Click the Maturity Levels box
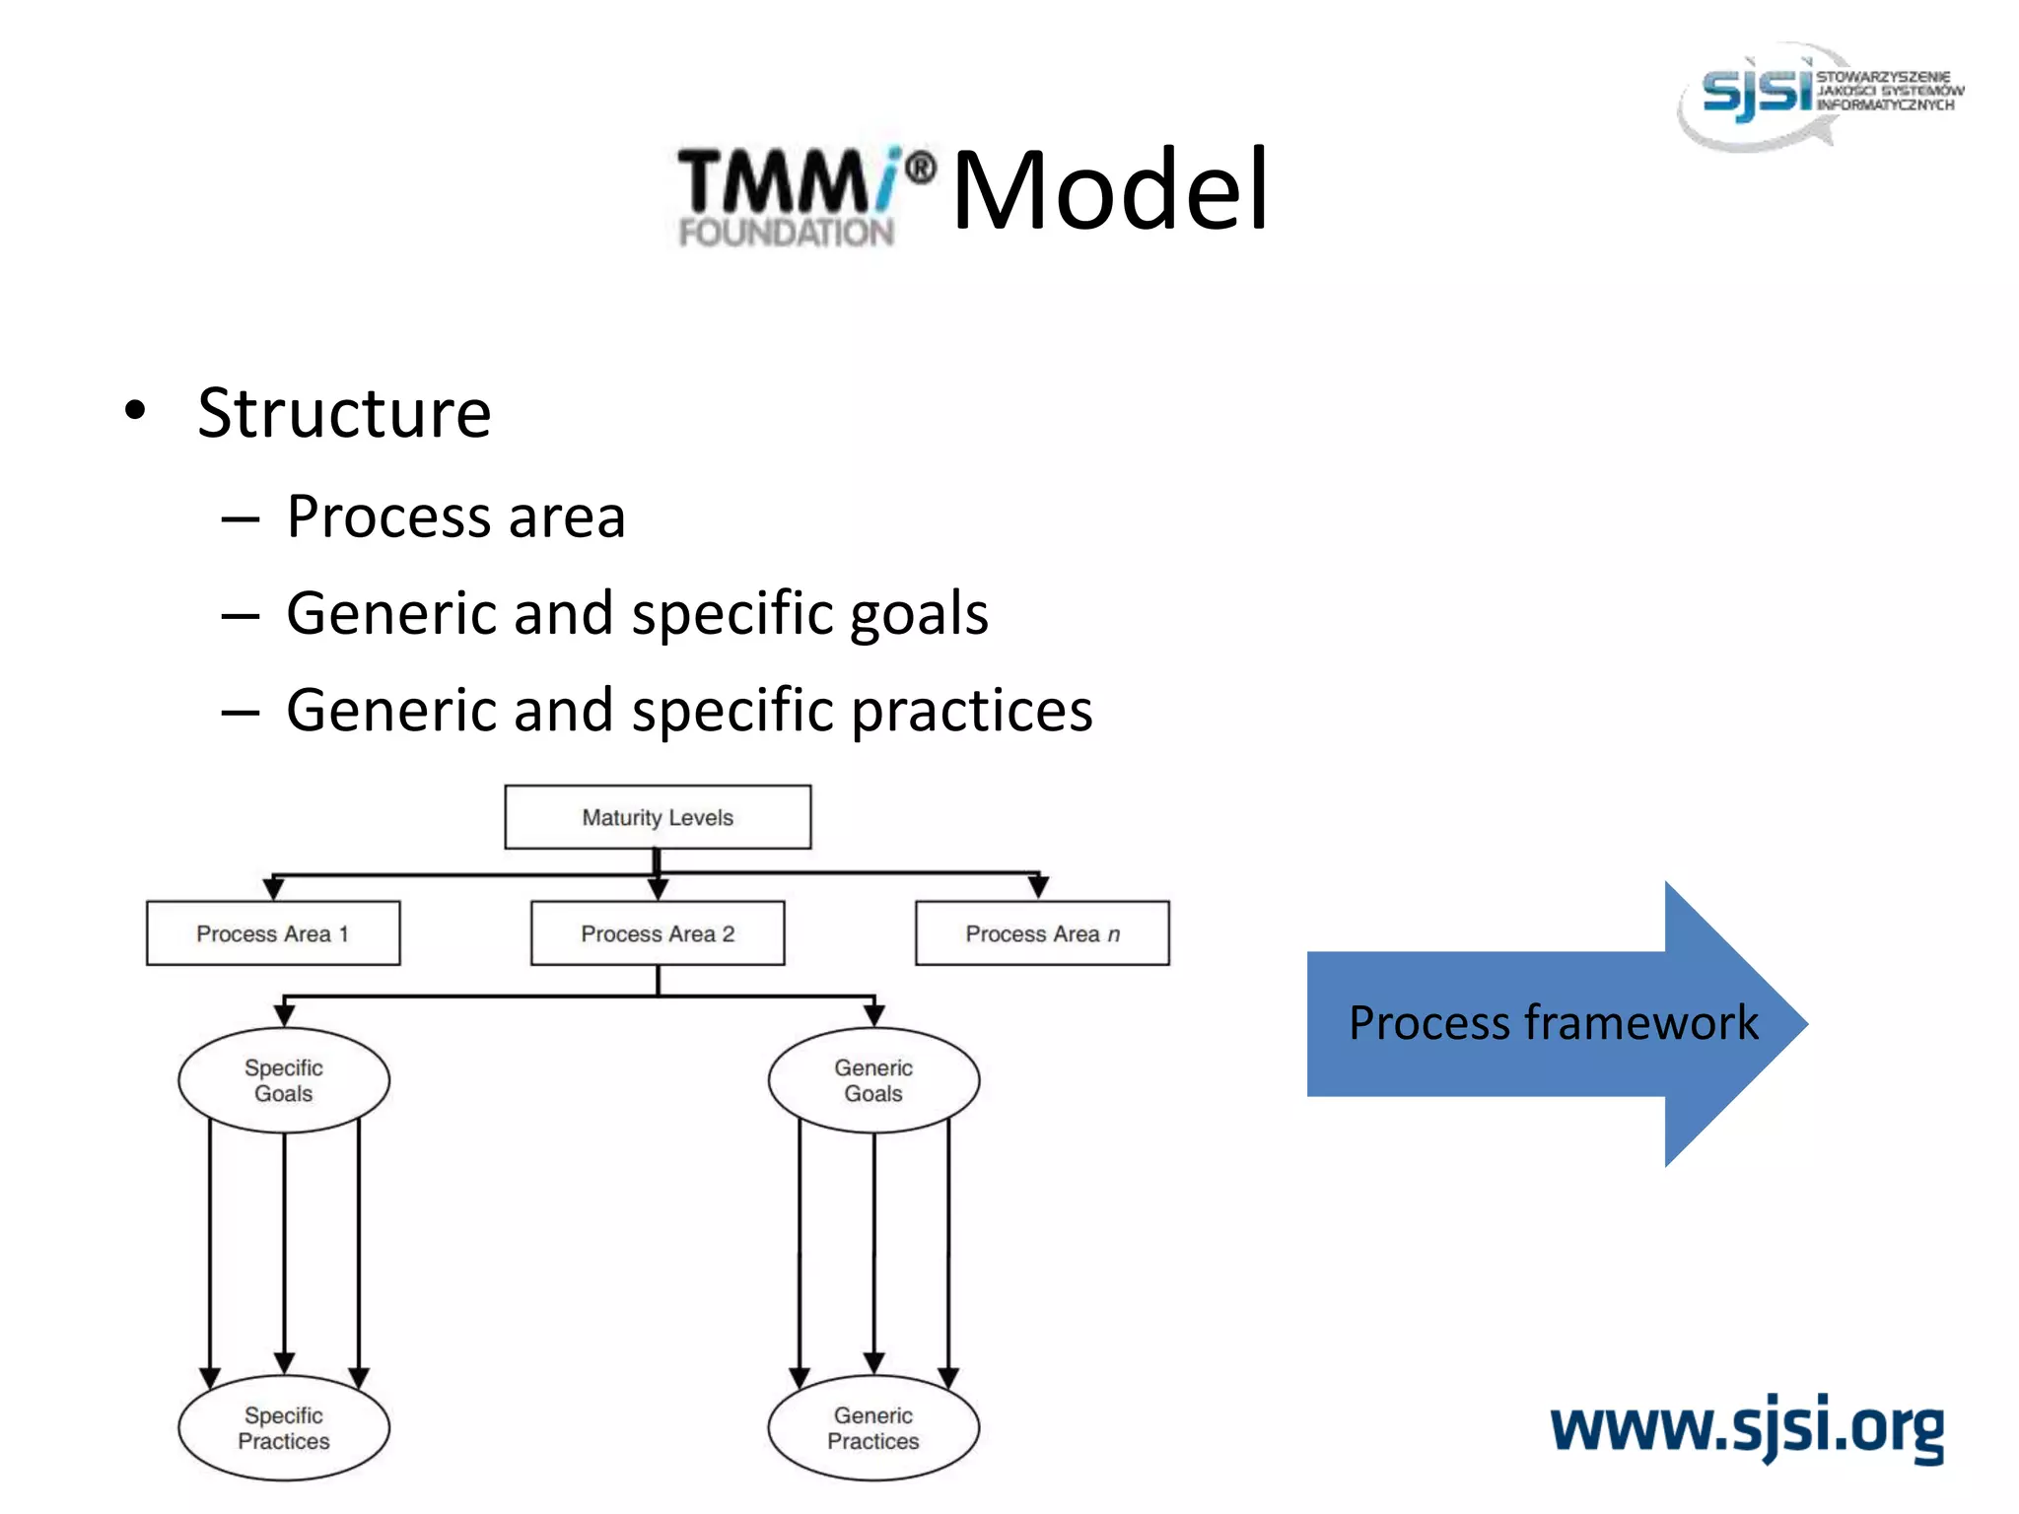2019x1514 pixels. (658, 817)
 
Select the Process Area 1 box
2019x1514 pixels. (273, 932)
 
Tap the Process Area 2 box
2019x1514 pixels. (658, 932)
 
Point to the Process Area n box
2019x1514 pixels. (1042, 932)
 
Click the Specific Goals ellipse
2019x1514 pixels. (284, 1080)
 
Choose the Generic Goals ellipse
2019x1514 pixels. (873, 1080)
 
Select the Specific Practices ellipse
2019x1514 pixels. (284, 1427)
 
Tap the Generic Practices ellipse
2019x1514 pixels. (873, 1427)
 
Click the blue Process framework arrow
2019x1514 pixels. (1554, 1023)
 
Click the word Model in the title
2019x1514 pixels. (1110, 189)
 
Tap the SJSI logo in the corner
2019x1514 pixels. (1819, 94)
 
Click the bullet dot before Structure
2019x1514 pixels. (135, 410)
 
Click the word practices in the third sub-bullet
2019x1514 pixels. (972, 712)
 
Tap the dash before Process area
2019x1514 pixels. (240, 518)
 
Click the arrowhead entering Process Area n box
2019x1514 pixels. (1038, 887)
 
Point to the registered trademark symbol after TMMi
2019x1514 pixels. (920, 169)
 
